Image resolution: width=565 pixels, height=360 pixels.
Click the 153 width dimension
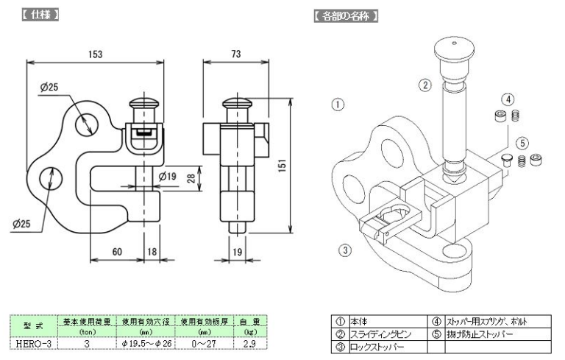[95, 54]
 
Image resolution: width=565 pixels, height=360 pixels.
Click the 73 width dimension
[235, 54]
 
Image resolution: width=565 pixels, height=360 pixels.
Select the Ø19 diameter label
[167, 177]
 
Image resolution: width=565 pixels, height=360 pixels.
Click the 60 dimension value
[116, 251]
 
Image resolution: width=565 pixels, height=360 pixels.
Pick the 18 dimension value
[152, 251]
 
